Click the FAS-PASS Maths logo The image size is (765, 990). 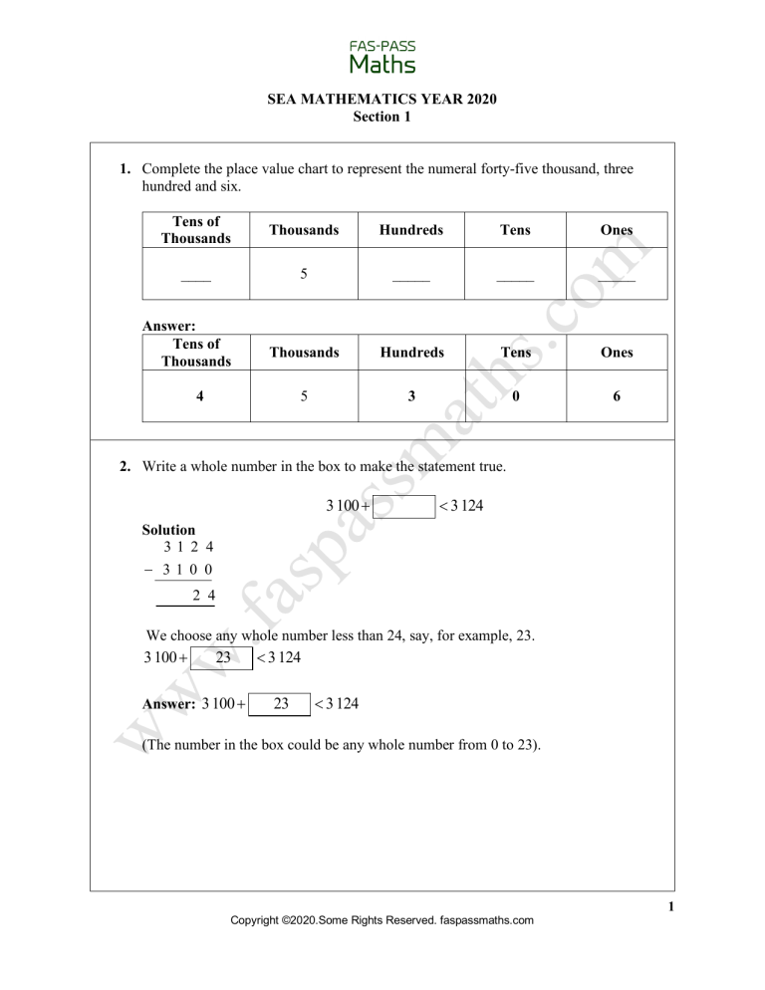pos(382,57)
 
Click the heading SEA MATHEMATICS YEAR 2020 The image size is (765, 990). pos(382,99)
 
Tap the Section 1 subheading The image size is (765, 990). pos(382,117)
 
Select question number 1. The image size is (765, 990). pos(127,169)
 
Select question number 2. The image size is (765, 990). pos(127,465)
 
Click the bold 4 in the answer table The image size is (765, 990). pos(200,395)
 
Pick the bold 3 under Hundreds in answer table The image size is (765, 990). pos(410,395)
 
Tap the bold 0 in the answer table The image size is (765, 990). pos(515,395)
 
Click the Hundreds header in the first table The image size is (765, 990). pos(410,230)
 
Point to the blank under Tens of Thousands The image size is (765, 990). pos(196,280)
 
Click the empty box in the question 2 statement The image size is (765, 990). pos(404,507)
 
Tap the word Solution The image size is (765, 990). pos(169,530)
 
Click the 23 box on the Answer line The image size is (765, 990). pos(281,704)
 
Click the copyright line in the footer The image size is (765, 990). pos(382,921)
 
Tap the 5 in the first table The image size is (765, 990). pos(304,274)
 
